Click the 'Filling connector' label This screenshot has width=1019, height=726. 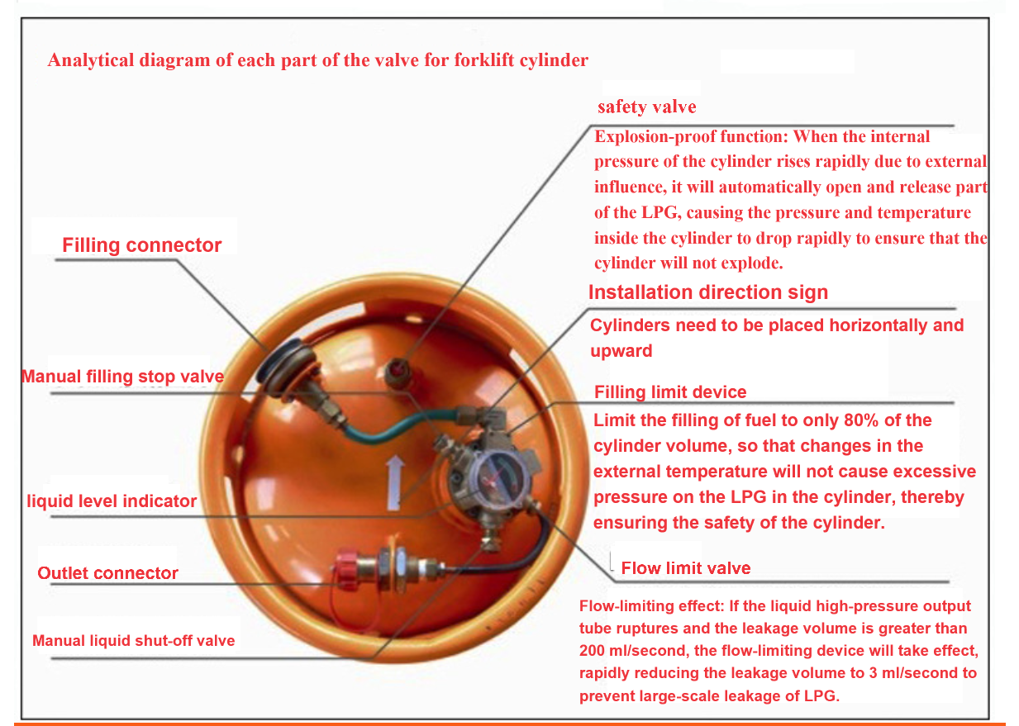[141, 245]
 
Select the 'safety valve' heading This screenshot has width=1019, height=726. [646, 107]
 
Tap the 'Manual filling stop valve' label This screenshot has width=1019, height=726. [123, 377]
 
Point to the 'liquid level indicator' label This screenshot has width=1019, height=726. [112, 501]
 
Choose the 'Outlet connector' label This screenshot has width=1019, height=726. [107, 573]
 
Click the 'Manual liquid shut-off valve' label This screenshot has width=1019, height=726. [134, 641]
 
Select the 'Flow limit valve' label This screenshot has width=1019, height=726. [686, 568]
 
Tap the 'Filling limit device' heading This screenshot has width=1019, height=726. [670, 391]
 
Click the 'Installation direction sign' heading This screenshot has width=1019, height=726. [708, 292]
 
